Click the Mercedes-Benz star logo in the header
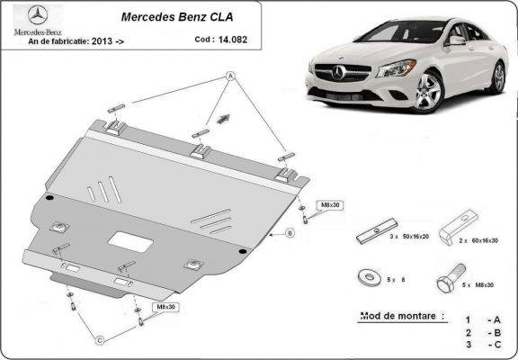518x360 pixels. pyautogui.click(x=29, y=14)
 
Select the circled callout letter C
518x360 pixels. pyautogui.click(x=101, y=339)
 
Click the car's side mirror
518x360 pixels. pyautogui.click(x=458, y=40)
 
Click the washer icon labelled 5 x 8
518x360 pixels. pyautogui.click(x=368, y=277)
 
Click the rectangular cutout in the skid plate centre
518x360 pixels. pyautogui.click(x=127, y=240)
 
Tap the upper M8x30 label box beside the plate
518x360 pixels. pyautogui.click(x=330, y=205)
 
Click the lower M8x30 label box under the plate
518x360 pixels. pyautogui.click(x=165, y=307)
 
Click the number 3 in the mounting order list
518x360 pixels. pyautogui.click(x=467, y=345)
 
